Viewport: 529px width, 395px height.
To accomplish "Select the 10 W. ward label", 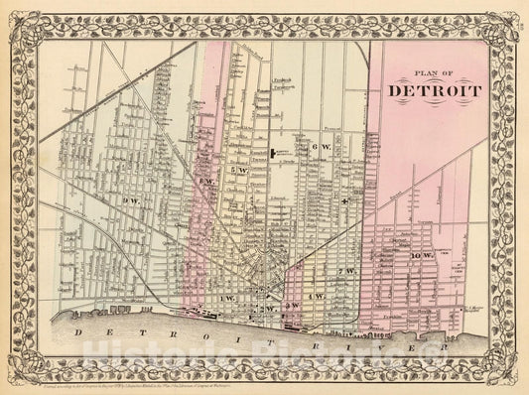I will [422, 257].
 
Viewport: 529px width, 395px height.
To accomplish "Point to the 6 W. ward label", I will [319, 147].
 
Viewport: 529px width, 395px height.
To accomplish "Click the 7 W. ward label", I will [345, 271].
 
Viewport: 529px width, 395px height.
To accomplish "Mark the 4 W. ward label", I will [318, 297].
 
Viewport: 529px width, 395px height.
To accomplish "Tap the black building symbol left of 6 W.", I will [277, 152].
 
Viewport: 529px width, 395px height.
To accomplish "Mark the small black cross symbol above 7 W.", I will [342, 201].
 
